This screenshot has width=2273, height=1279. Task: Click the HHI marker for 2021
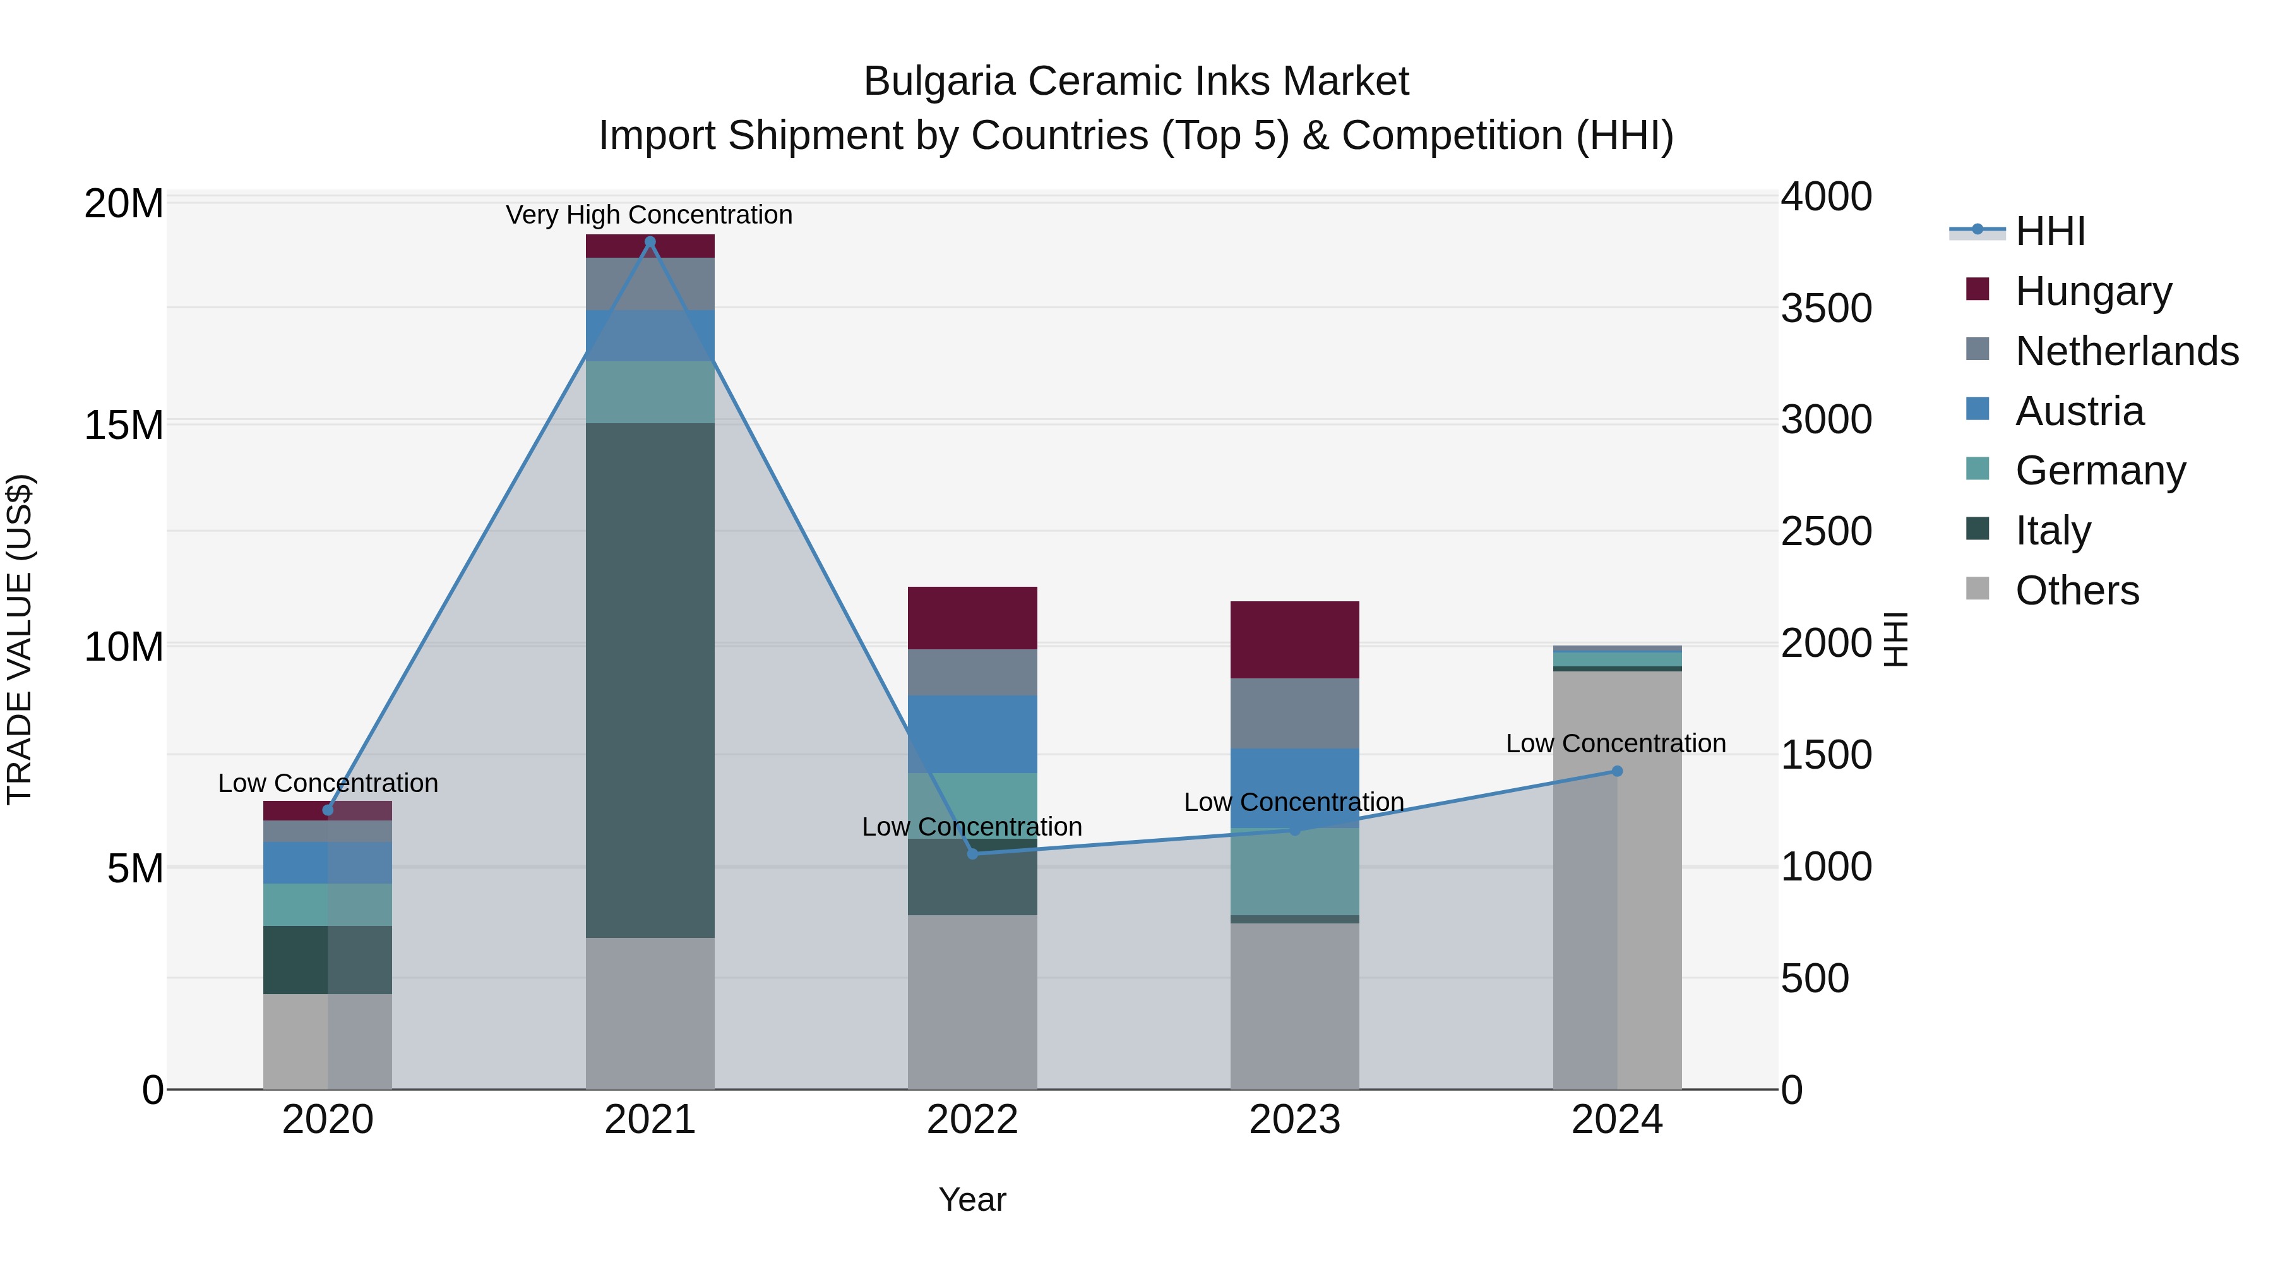point(650,242)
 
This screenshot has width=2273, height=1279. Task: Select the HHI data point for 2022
point(972,853)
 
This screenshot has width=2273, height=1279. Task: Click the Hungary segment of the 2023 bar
point(1294,640)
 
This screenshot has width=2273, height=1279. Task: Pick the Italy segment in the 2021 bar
point(650,680)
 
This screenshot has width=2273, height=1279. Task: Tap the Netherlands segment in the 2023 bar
point(1294,713)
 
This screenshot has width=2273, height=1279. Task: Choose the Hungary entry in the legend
point(2091,291)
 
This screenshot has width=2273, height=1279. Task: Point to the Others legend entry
point(2075,591)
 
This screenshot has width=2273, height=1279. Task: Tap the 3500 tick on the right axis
point(1825,308)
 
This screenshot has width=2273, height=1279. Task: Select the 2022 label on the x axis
point(972,1120)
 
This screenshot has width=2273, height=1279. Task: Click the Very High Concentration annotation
point(650,215)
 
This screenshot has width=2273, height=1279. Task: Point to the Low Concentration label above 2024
point(1616,743)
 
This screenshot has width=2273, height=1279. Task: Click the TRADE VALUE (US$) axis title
point(20,639)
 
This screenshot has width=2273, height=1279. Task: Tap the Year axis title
point(972,1199)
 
